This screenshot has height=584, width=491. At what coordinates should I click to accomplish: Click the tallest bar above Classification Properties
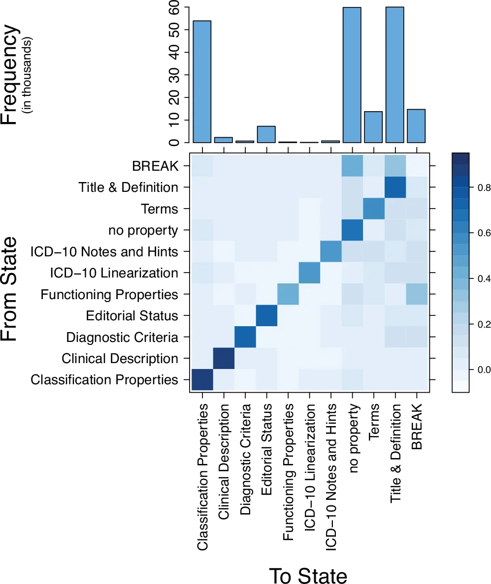[x=202, y=82]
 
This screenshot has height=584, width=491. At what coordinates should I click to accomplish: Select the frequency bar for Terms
[x=374, y=127]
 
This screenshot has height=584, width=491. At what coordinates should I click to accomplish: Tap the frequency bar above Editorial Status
[x=266, y=134]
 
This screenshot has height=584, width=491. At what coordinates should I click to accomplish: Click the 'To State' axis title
[x=308, y=576]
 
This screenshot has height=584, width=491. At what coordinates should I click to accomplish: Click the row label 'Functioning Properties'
[x=109, y=295]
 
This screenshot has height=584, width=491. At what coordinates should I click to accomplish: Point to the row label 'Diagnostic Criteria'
[x=122, y=338]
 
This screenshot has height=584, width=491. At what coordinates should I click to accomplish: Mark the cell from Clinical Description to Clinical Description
[x=224, y=359]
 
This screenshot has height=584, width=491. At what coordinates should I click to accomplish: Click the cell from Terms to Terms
[x=374, y=209]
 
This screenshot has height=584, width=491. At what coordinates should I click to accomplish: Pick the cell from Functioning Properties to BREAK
[x=417, y=295]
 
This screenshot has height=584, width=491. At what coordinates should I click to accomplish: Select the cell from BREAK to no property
[x=352, y=166]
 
